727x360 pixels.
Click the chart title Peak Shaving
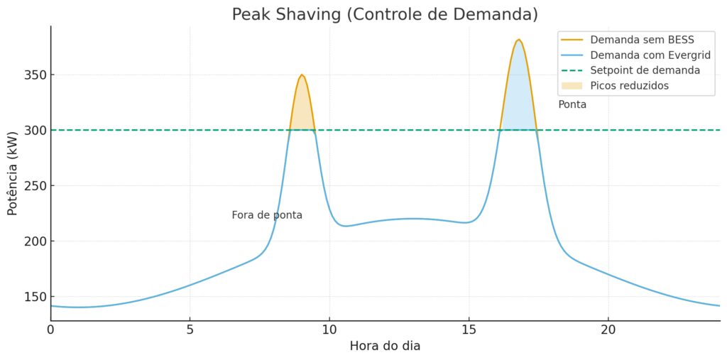pyautogui.click(x=385, y=14)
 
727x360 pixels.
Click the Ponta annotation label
pyautogui.click(x=572, y=104)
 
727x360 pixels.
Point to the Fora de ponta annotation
pyautogui.click(x=267, y=215)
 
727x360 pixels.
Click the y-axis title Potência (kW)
pyautogui.click(x=12, y=173)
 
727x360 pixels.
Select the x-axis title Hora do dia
pyautogui.click(x=385, y=347)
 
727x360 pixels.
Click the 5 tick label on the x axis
pyautogui.click(x=190, y=329)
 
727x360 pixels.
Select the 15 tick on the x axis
pyautogui.click(x=469, y=329)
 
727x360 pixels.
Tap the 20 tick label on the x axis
pyautogui.click(x=608, y=329)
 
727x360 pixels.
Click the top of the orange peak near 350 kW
pyautogui.click(x=302, y=75)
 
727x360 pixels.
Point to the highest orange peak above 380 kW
pyautogui.click(x=519, y=40)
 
